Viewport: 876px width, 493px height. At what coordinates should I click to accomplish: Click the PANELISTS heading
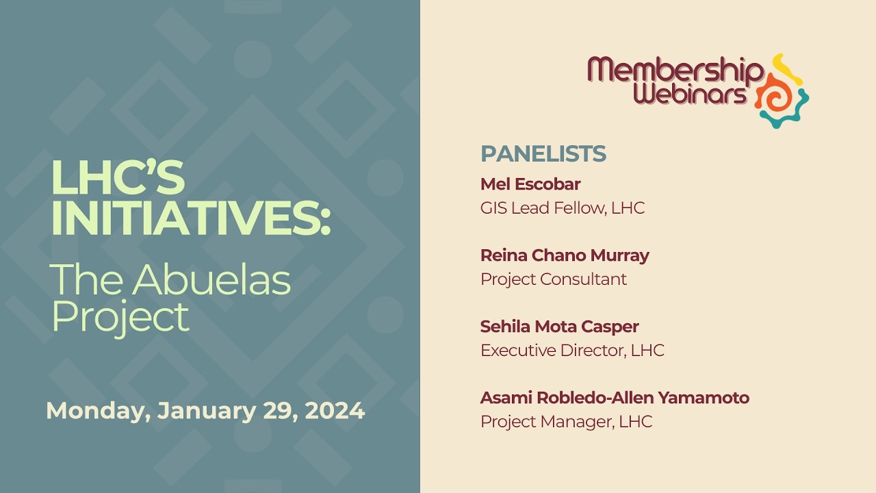(x=543, y=154)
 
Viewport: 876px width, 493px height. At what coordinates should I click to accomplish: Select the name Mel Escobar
(x=530, y=184)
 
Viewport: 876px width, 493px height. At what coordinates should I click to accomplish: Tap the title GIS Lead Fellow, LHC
(x=563, y=208)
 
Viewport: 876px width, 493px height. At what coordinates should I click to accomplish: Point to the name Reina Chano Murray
(x=565, y=255)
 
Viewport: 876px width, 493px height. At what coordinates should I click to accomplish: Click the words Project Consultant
(x=554, y=279)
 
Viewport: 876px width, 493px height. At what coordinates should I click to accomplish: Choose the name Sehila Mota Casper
(x=559, y=327)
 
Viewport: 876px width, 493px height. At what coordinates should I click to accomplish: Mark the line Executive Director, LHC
(x=572, y=351)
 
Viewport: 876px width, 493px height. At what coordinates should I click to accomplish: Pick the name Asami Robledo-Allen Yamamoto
(x=615, y=398)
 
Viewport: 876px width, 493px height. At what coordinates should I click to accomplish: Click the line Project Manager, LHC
(x=566, y=422)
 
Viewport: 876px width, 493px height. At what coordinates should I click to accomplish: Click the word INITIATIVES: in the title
(x=191, y=220)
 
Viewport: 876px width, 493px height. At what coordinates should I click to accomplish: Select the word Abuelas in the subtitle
(x=211, y=279)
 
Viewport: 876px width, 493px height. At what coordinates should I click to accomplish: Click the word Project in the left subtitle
(x=120, y=316)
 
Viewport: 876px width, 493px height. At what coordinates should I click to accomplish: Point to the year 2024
(x=335, y=411)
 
